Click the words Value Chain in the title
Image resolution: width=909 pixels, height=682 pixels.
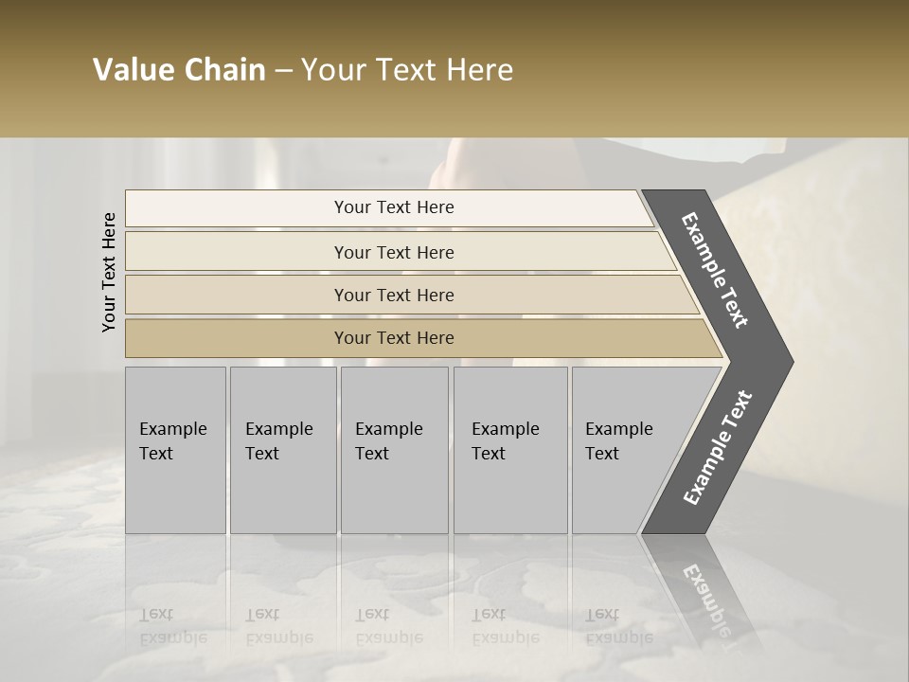[179, 70]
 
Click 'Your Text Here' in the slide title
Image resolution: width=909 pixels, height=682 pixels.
[407, 70]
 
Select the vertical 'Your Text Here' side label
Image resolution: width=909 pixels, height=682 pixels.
[109, 272]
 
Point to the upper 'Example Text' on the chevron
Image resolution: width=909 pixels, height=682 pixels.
[715, 270]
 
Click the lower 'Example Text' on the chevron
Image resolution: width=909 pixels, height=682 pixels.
[718, 448]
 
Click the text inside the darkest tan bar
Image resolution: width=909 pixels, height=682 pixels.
[394, 338]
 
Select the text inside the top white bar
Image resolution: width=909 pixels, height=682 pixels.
[394, 207]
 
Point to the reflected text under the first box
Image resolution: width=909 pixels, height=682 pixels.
[172, 626]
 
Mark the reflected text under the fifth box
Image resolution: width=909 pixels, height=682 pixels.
[618, 626]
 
